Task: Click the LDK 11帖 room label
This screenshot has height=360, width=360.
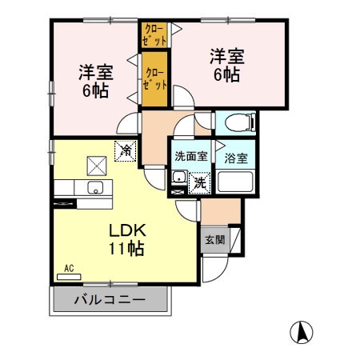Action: pyautogui.click(x=126, y=239)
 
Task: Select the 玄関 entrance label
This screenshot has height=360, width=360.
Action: pyautogui.click(x=214, y=239)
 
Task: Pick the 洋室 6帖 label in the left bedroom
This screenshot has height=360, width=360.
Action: pyautogui.click(x=95, y=81)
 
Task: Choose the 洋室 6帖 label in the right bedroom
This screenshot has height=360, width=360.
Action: pyautogui.click(x=226, y=66)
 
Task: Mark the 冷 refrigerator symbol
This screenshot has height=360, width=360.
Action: pyautogui.click(x=126, y=149)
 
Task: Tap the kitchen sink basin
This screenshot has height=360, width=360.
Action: pyautogui.click(x=95, y=189)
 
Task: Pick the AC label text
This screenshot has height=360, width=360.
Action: pyautogui.click(x=69, y=269)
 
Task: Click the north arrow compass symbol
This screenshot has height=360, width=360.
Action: pyautogui.click(x=302, y=330)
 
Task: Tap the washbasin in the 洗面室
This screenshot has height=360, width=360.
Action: pyautogui.click(x=178, y=178)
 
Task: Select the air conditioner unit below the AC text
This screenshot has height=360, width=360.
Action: pyautogui.click(x=69, y=277)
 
